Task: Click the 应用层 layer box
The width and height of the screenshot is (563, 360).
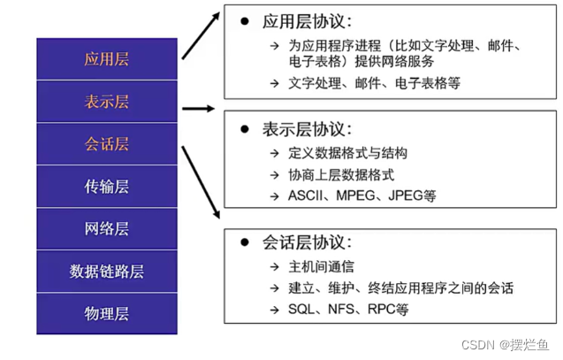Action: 107,59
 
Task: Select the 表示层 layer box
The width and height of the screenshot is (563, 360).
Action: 107,102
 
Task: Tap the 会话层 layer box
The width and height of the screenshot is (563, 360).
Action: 107,144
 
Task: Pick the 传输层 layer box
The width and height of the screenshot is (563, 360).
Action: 107,187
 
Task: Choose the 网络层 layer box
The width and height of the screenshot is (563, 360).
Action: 107,229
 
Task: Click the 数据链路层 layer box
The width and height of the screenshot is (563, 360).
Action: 107,271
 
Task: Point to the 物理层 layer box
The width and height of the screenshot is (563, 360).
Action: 107,313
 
